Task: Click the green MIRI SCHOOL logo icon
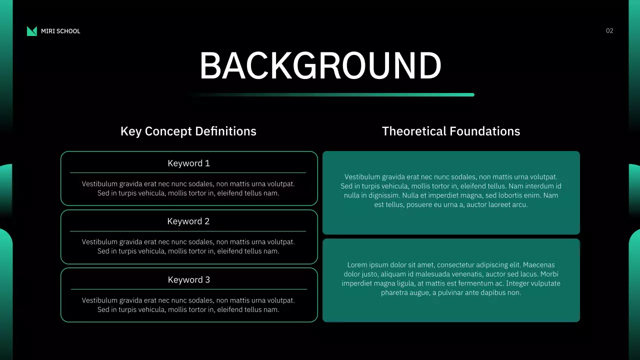32,31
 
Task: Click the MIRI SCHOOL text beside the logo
60,31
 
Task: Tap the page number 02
609,31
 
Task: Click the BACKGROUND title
320,66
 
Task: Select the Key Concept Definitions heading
188,131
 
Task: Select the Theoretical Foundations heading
451,131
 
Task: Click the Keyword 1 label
188,163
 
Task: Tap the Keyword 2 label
188,221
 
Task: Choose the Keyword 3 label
188,280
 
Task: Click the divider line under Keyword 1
188,172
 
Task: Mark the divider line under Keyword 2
188,231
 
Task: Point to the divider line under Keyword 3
188,289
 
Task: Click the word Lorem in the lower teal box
357,265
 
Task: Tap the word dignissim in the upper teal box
382,195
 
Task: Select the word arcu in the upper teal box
519,204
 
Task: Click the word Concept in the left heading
168,131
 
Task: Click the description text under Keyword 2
188,246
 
